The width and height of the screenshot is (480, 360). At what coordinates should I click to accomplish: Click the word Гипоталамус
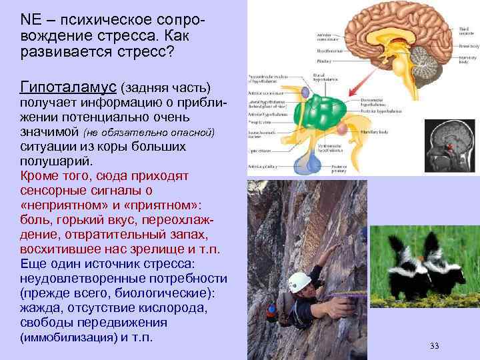pyautogui.click(x=69, y=88)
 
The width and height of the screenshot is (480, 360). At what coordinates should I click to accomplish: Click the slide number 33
pyautogui.click(x=435, y=345)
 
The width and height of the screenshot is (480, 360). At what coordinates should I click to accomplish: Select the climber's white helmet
pyautogui.click(x=299, y=281)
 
